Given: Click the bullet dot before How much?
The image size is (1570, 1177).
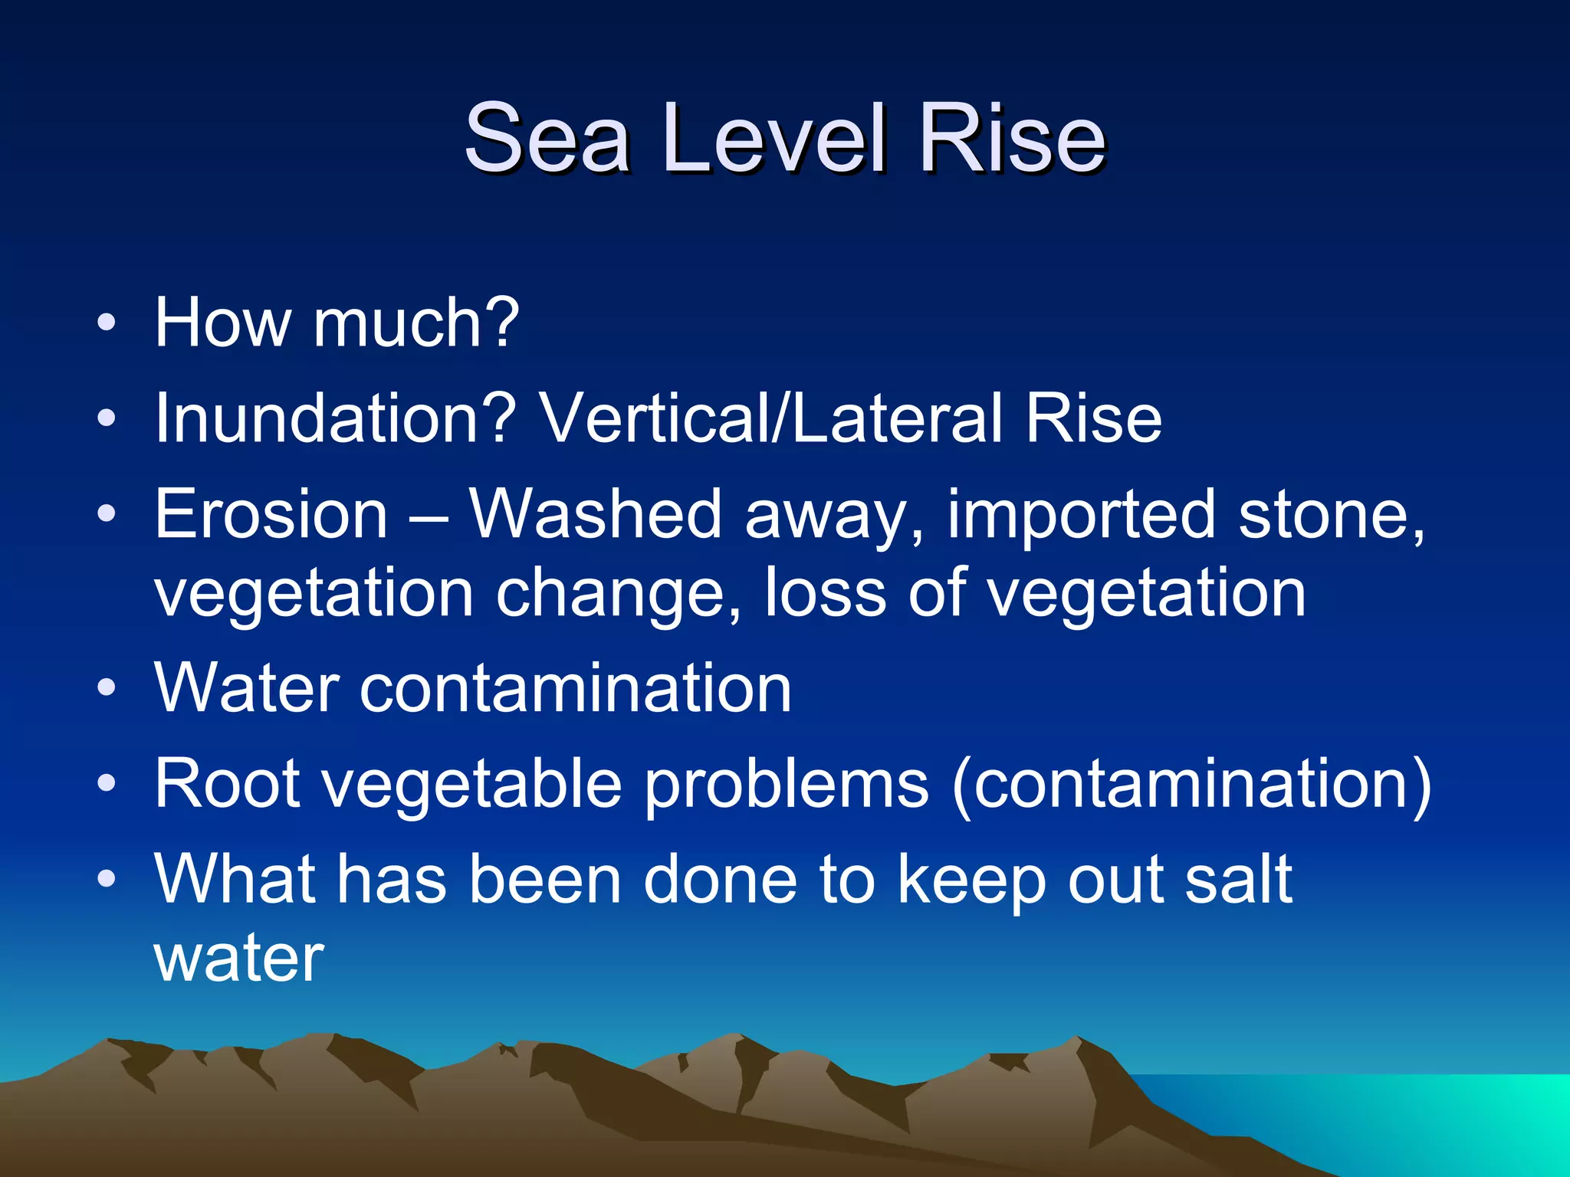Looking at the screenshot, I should click(x=107, y=323).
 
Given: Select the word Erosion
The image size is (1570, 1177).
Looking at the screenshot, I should click(x=271, y=514).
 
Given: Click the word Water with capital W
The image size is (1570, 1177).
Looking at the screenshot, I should click(x=246, y=687).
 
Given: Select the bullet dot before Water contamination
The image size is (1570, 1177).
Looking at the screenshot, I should click(x=107, y=687).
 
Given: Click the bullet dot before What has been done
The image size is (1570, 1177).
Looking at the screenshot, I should click(x=107, y=879).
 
